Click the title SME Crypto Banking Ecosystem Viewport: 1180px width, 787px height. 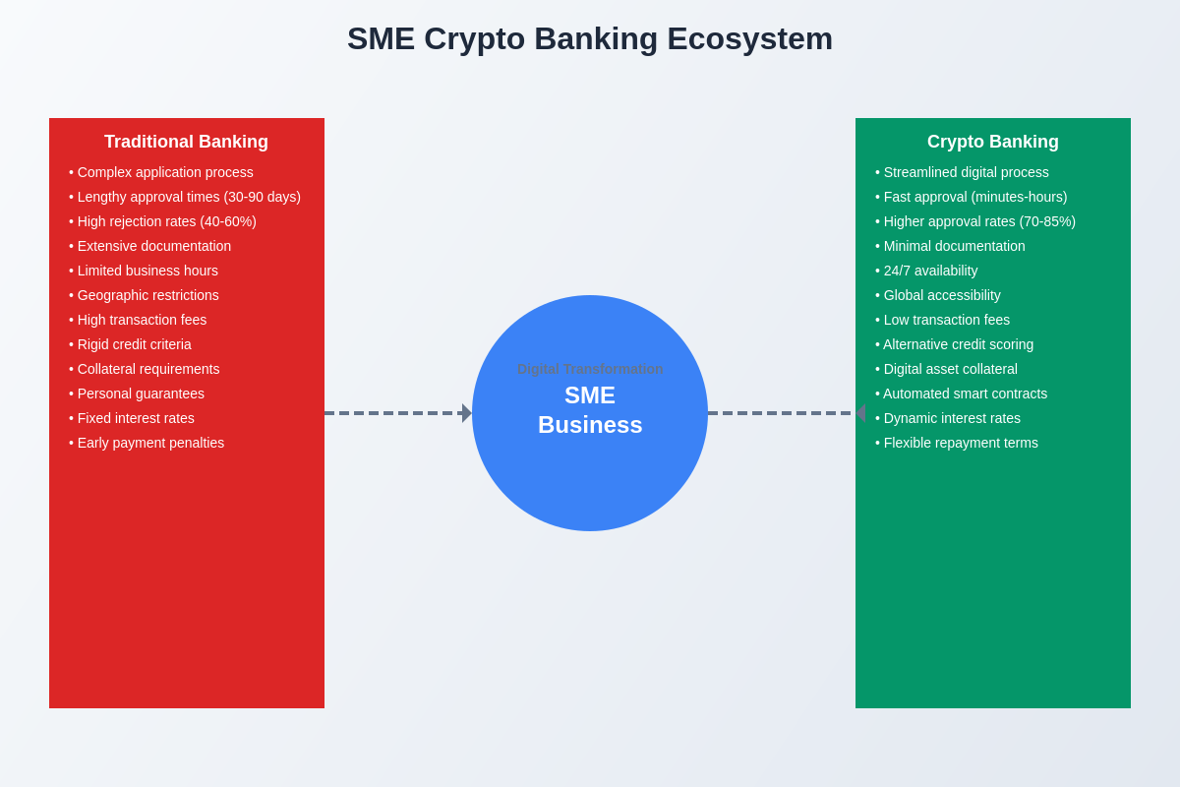[x=590, y=38]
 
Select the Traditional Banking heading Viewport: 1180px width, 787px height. [x=186, y=142]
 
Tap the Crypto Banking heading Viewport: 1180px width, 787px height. [x=992, y=142]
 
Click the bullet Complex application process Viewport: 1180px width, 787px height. [x=161, y=172]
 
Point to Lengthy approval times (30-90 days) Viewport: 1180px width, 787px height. [x=185, y=197]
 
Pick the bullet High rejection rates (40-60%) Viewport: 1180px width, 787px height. [x=163, y=221]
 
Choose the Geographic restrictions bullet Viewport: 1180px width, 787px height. [x=145, y=295]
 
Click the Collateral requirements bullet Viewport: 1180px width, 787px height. [x=145, y=369]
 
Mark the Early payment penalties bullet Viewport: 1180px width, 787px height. [x=147, y=443]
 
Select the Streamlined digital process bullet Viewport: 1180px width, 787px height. [x=962, y=172]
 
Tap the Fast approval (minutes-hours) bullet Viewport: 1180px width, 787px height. [x=972, y=197]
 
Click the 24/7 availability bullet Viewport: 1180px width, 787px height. [x=926, y=271]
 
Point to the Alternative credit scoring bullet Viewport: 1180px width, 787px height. [x=955, y=344]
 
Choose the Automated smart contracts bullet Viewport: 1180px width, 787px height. [x=962, y=393]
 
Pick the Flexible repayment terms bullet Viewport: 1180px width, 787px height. [x=957, y=443]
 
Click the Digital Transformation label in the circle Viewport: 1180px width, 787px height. [x=590, y=369]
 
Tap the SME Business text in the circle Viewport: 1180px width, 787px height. [x=590, y=410]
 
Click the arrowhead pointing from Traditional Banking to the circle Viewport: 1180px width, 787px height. [x=467, y=413]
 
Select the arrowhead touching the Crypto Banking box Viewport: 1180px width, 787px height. [x=860, y=413]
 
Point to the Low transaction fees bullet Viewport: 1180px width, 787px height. [x=943, y=320]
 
